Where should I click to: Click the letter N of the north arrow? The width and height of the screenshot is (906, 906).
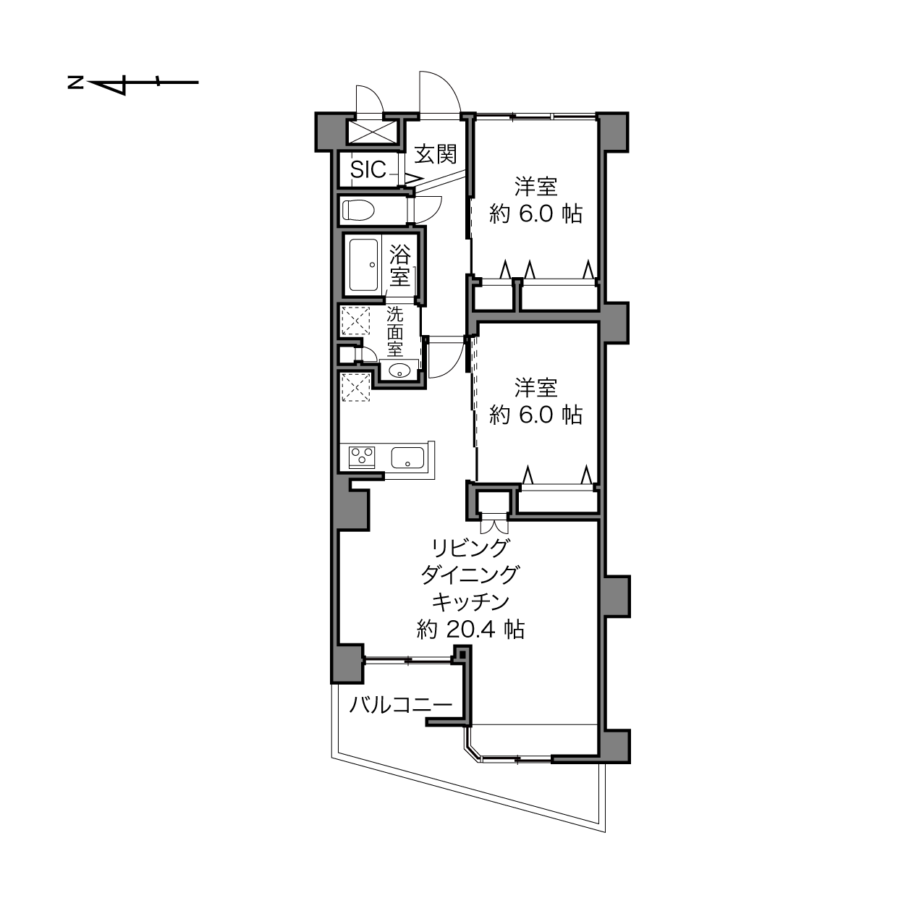point(75,83)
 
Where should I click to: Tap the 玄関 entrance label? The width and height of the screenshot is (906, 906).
point(436,154)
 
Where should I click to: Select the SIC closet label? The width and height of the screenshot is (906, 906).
point(368,170)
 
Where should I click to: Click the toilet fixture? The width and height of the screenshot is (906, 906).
point(358,210)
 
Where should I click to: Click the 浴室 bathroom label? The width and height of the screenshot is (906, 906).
point(400,266)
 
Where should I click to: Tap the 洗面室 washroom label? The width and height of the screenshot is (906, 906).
point(395,332)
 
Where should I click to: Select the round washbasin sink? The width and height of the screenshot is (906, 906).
point(400,371)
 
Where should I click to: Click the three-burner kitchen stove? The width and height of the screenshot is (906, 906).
point(362,457)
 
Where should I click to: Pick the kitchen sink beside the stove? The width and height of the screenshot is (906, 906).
point(407,457)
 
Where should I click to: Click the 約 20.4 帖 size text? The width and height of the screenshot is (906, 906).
point(470,629)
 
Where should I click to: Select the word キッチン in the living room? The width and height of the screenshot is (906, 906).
point(470,602)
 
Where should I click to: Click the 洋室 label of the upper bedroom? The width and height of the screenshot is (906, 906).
point(536,187)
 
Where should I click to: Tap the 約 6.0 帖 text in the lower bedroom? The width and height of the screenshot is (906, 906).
point(536,415)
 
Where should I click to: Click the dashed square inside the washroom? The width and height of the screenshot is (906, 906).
point(356,321)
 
